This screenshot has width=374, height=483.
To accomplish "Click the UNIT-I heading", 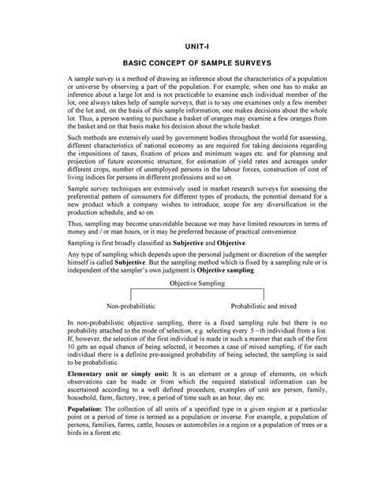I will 188,46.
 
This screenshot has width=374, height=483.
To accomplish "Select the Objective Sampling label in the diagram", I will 187,281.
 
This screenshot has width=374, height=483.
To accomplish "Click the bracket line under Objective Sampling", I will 187,291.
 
